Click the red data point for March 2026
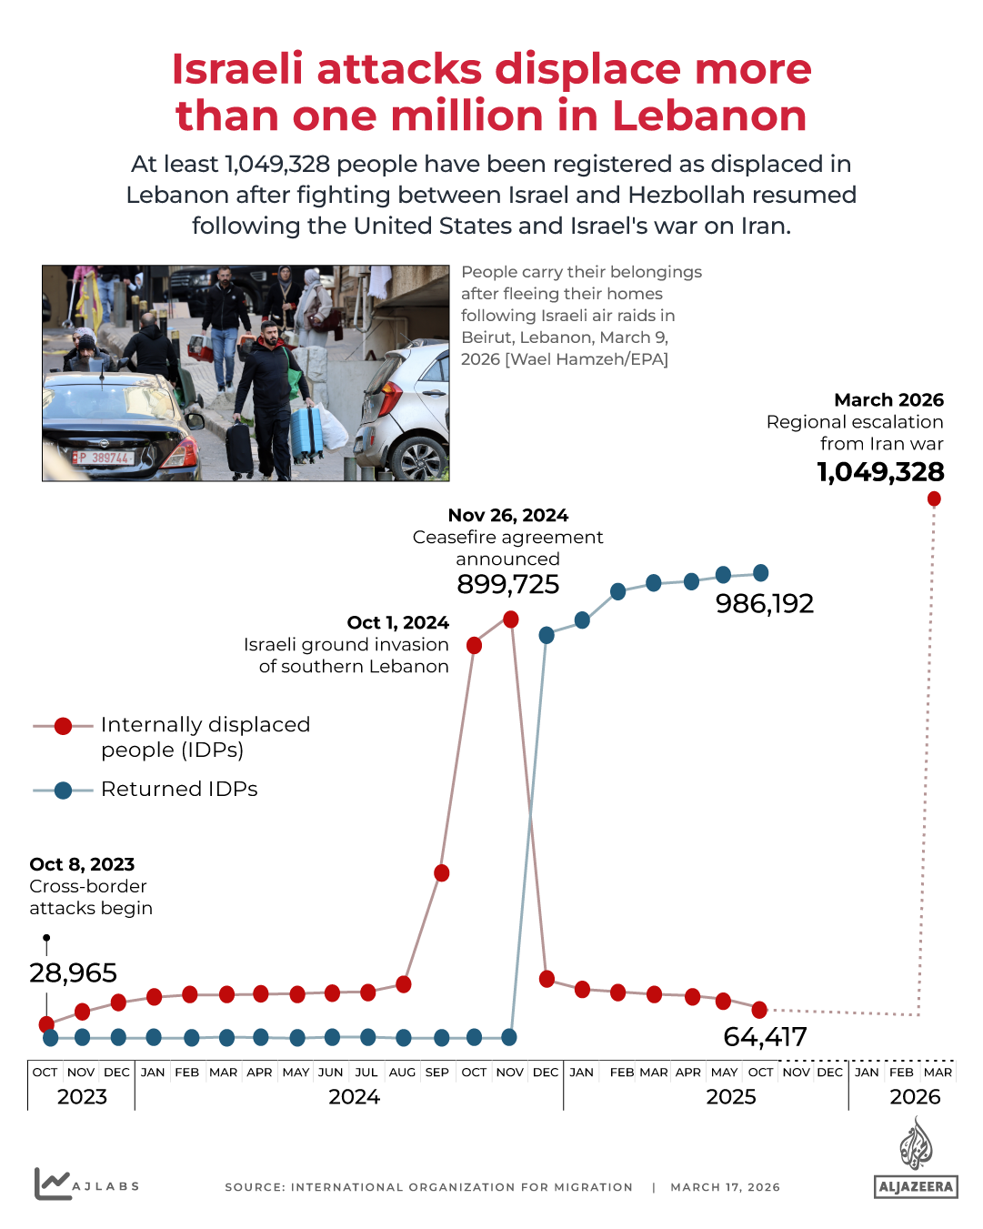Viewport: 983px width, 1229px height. point(934,499)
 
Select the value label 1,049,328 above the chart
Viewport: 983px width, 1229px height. point(880,472)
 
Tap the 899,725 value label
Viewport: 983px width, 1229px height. point(507,584)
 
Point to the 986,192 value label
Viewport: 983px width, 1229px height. point(764,603)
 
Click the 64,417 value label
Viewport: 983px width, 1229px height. point(765,1036)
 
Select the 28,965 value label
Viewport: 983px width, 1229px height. point(73,972)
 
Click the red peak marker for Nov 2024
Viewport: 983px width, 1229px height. point(511,620)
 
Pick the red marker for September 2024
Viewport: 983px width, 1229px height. point(442,873)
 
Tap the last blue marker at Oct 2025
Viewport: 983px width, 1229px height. point(761,573)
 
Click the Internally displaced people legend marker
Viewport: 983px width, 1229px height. point(63,726)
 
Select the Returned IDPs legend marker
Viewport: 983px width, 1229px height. point(63,791)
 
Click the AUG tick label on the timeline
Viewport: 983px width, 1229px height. point(402,1073)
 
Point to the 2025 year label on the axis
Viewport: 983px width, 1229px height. point(731,1097)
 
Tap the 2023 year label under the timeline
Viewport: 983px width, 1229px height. point(82,1097)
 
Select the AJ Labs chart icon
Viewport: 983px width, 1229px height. point(52,1184)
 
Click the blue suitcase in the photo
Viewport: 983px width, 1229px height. point(306,433)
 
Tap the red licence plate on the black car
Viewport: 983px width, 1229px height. point(102,458)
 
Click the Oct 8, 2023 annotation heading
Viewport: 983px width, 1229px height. point(82,864)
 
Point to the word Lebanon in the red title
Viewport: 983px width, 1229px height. point(709,116)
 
